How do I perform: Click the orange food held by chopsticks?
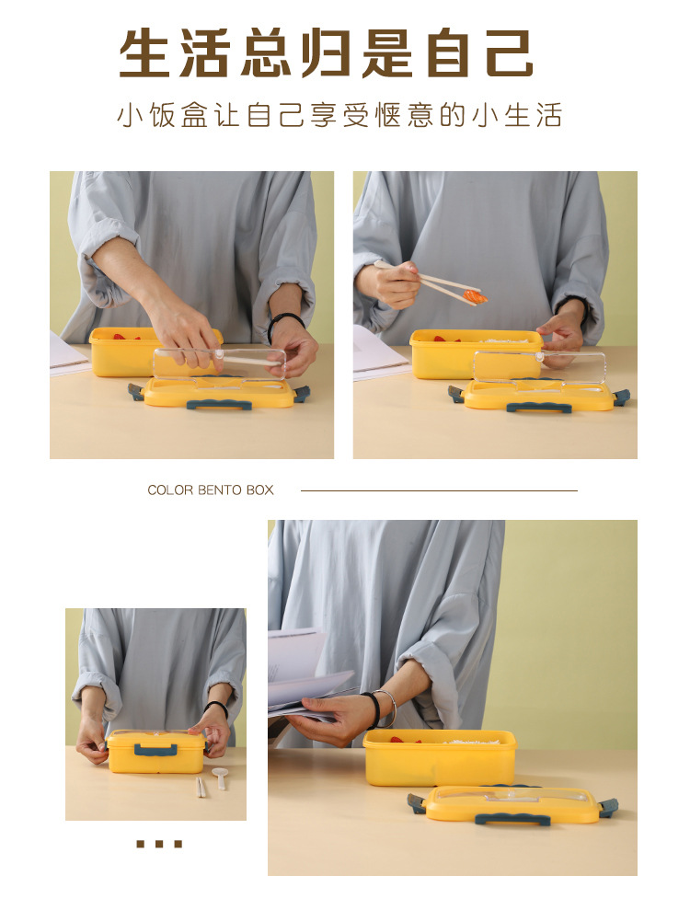click(x=475, y=296)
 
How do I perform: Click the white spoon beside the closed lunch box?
click(x=220, y=776)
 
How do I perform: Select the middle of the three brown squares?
click(x=159, y=844)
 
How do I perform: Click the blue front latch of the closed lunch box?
click(x=155, y=750)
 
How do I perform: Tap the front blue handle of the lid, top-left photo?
click(x=219, y=405)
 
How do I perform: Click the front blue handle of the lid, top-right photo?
click(x=538, y=407)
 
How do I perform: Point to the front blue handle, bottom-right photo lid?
click(x=513, y=819)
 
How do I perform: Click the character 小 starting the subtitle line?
click(x=129, y=116)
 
